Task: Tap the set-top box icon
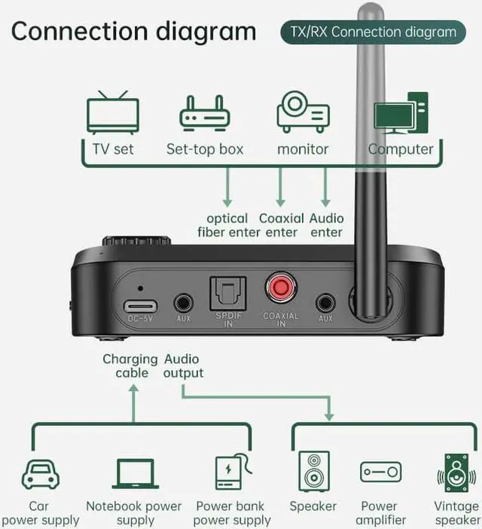(204, 113)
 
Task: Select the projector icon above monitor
(303, 112)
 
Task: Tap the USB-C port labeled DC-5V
(140, 305)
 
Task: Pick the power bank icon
(231, 472)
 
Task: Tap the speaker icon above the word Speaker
(313, 472)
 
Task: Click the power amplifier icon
(380, 472)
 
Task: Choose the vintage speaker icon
(456, 473)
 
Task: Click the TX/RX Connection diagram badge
(368, 32)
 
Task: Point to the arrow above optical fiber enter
(227, 188)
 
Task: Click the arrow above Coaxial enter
(280, 188)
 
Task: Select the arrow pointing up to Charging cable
(133, 399)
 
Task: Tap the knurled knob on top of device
(136, 242)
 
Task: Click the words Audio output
(184, 366)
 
